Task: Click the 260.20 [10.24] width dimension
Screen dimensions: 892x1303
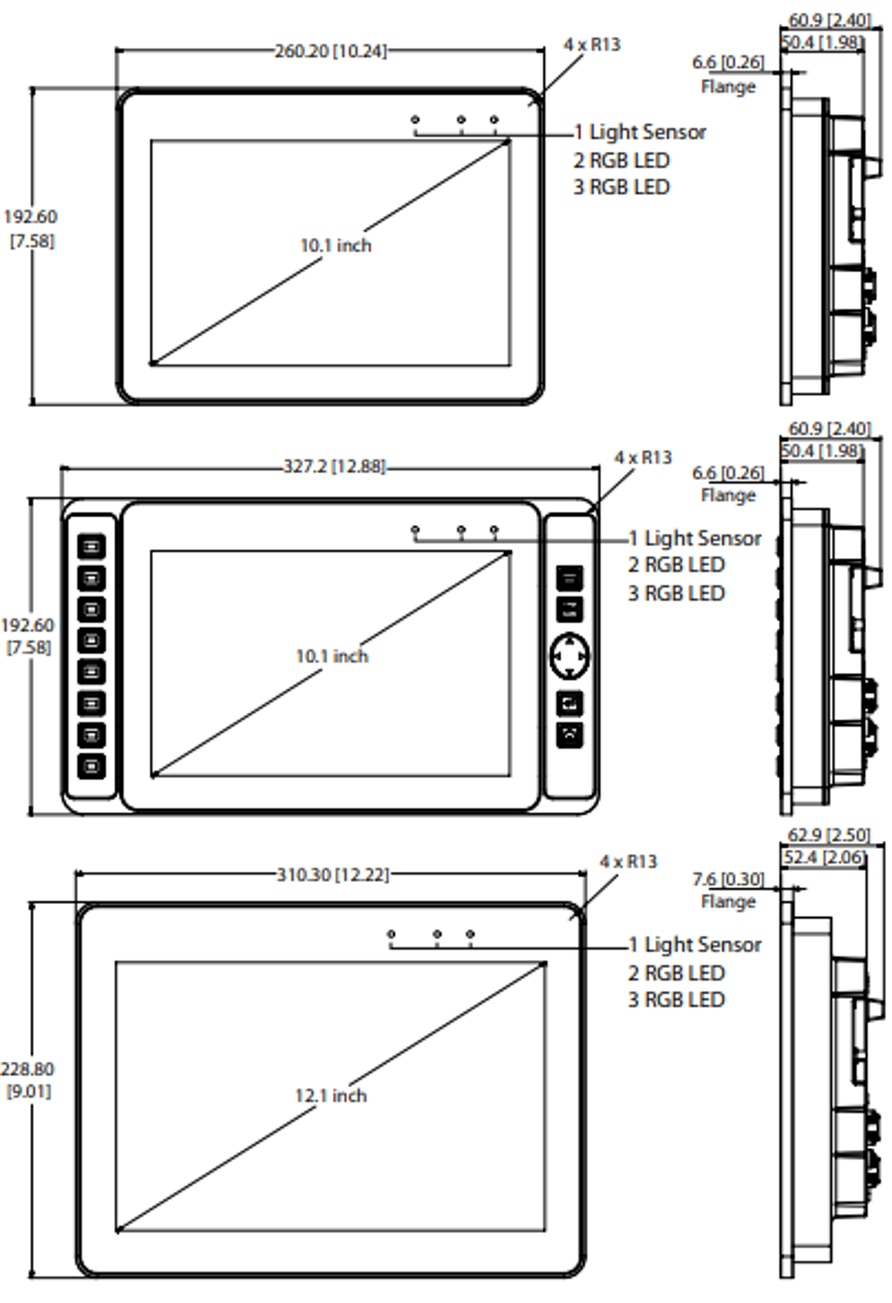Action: (x=330, y=52)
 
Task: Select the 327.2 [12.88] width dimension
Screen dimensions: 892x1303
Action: (x=334, y=467)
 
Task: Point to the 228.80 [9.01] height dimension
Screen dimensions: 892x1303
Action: (x=27, y=1080)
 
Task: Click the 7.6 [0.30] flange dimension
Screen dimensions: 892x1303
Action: (x=728, y=879)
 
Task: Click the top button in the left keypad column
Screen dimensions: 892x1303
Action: (x=92, y=546)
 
